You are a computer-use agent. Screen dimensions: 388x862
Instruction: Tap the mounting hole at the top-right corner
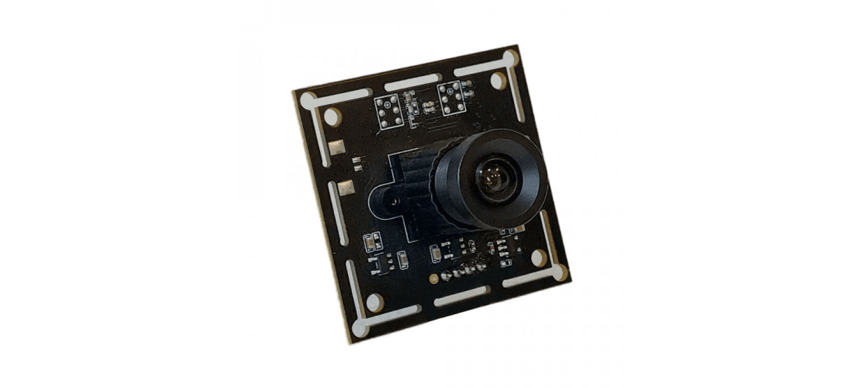pos(498,81)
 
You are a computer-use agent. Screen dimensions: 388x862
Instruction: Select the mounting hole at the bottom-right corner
pos(539,258)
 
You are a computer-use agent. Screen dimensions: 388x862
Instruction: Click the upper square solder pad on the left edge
pos(339,148)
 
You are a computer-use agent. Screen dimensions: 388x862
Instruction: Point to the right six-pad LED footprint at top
pos(449,98)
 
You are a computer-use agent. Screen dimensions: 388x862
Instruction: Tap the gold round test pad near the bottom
pos(433,279)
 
